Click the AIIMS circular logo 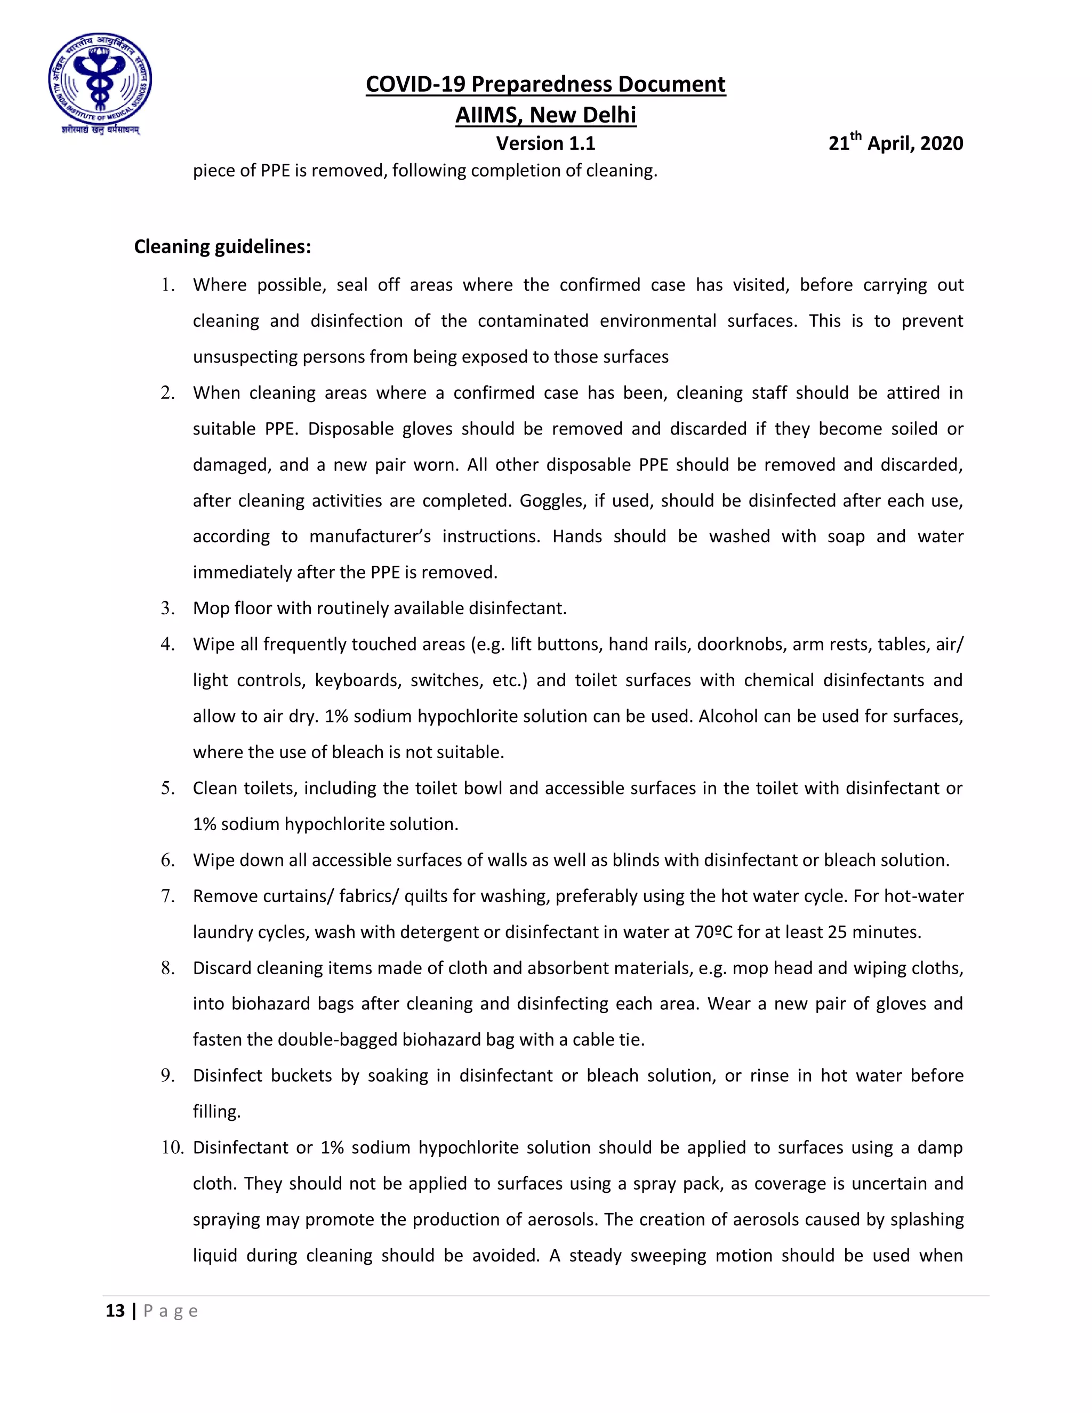coord(100,82)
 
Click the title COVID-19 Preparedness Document coord(545,84)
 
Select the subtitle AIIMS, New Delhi coord(545,115)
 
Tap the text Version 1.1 coord(545,143)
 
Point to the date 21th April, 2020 coord(895,142)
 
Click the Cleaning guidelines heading coord(222,246)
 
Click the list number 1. coord(167,285)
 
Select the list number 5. coord(167,788)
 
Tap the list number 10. coord(172,1147)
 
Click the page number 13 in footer coord(115,1311)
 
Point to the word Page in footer coord(170,1311)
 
